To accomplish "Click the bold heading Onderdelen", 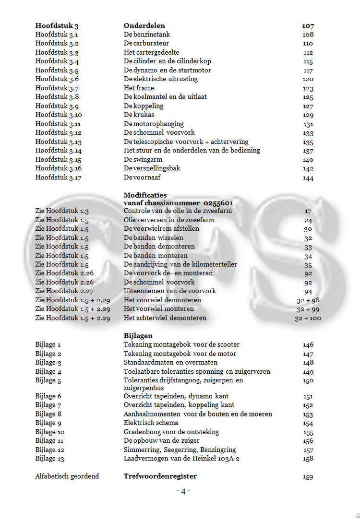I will (144, 26).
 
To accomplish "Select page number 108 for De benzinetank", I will (308, 35).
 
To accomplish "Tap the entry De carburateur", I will (146, 43).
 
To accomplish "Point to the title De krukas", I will (139, 115).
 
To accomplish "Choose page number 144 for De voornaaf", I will (308, 178).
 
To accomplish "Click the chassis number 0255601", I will (218, 203).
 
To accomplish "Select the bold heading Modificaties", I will (145, 195).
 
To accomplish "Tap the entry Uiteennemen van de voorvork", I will (170, 291).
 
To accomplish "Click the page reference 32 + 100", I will (308, 318).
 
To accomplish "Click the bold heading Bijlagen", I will (138, 336).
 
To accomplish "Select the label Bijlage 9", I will (48, 423).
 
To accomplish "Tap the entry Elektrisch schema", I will (151, 423).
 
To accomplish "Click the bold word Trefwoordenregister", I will (160, 476).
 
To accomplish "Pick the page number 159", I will (308, 477).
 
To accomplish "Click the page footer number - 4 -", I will (183, 491).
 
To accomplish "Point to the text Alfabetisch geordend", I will (67, 476).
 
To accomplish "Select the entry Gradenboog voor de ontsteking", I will (171, 432).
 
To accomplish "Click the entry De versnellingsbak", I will (152, 168).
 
